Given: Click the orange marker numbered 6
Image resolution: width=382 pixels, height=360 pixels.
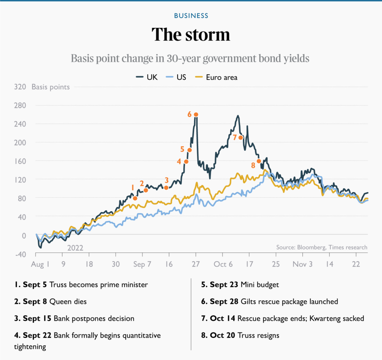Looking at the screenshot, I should click(196, 115).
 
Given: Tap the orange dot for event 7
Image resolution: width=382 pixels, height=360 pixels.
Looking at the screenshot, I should click(241, 138).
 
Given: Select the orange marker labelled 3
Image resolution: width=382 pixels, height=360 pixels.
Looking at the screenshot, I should click(166, 188).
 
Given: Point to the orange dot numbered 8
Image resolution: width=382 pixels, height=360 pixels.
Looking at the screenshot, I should click(259, 161).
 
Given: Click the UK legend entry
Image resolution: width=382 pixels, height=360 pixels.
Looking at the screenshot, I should click(147, 77).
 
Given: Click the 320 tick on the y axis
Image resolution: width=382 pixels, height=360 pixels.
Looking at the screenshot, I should click(20, 87).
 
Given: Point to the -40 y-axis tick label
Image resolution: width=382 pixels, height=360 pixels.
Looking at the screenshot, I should click(20, 254).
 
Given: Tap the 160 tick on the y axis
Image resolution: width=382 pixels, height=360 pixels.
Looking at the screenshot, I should click(20, 161).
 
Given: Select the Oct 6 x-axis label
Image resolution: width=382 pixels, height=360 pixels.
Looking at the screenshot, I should click(223, 264).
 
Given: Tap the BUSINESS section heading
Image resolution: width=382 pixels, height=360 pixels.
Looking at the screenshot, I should click(191, 16).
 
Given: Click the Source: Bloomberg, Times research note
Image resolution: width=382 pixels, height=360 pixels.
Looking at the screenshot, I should click(322, 247).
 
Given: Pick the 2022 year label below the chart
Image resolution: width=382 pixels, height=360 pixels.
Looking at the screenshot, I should click(75, 248).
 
